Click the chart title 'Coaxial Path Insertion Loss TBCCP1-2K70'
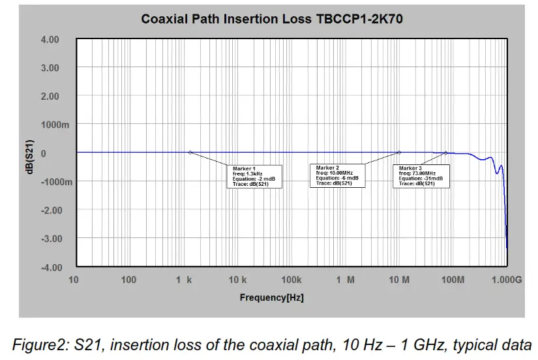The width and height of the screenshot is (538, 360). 272,19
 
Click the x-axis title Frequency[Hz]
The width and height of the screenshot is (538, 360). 271,297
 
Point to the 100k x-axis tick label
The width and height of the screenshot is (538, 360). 291,280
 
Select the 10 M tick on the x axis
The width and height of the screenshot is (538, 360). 399,280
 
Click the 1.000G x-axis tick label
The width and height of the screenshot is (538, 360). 507,280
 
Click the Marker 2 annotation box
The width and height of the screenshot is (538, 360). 337,175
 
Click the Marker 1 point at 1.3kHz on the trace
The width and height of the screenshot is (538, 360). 190,153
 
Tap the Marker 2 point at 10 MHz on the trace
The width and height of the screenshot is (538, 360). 399,153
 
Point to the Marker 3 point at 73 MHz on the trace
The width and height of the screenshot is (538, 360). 446,153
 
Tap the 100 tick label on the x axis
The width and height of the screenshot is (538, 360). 129,280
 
